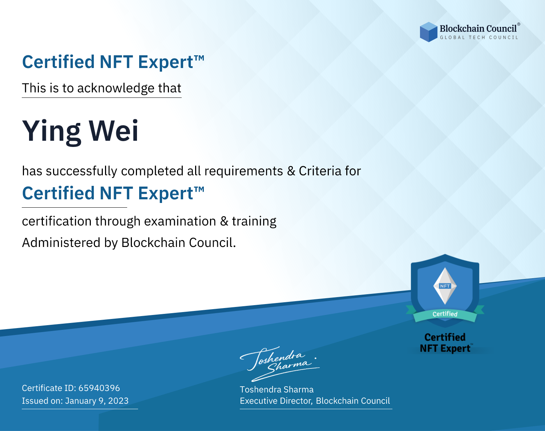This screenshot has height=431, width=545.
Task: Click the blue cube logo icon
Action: point(428,32)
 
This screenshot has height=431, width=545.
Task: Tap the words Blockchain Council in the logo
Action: point(478,28)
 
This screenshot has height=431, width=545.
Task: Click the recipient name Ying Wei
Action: point(80,132)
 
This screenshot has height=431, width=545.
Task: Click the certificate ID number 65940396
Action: point(99,388)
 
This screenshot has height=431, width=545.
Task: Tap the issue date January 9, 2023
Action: point(97,400)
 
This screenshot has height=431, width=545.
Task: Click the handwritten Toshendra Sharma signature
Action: point(280,364)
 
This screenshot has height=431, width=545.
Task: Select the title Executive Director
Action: point(276,400)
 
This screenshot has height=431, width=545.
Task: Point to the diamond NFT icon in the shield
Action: point(445,286)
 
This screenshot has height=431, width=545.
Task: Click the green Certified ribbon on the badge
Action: point(445,314)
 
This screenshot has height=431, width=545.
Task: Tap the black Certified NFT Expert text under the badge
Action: point(445,343)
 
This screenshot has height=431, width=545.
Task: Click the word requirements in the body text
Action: point(244,171)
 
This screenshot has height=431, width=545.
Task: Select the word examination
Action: point(180,221)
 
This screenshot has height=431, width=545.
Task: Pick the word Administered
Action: point(61,242)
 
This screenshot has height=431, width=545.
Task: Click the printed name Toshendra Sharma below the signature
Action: point(276,390)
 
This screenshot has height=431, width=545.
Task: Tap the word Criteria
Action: point(320,171)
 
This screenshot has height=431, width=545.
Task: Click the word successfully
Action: point(81,171)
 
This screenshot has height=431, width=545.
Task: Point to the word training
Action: point(254,222)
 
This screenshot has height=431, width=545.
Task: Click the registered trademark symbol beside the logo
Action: point(519,24)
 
